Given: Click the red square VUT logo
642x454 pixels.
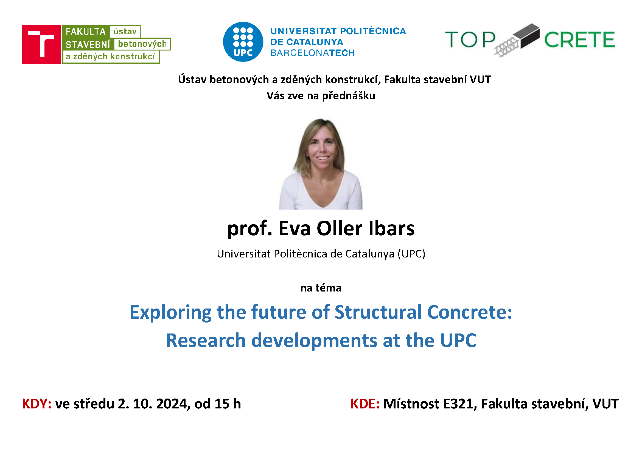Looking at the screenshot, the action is [x=41, y=44].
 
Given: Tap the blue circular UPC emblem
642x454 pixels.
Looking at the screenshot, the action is [x=243, y=42].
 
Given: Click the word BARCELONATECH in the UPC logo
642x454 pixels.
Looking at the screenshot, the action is [x=312, y=53].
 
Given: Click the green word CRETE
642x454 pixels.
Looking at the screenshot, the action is [x=579, y=40].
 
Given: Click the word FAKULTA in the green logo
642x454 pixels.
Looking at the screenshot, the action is [x=86, y=32].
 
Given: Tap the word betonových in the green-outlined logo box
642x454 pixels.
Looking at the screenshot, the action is [x=142, y=44].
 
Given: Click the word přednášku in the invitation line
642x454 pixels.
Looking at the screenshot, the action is [x=348, y=96].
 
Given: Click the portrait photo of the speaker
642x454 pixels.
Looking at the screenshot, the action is [x=321, y=164].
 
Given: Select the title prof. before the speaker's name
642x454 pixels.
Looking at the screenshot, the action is [x=250, y=229].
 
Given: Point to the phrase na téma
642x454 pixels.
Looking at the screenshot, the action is [x=321, y=288].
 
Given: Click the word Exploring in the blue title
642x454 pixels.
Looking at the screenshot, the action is [x=170, y=312].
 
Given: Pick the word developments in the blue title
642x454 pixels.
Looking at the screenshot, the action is [x=314, y=341].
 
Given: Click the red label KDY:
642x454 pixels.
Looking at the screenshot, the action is [x=37, y=404].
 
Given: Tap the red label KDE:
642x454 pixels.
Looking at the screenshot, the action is [x=365, y=404].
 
